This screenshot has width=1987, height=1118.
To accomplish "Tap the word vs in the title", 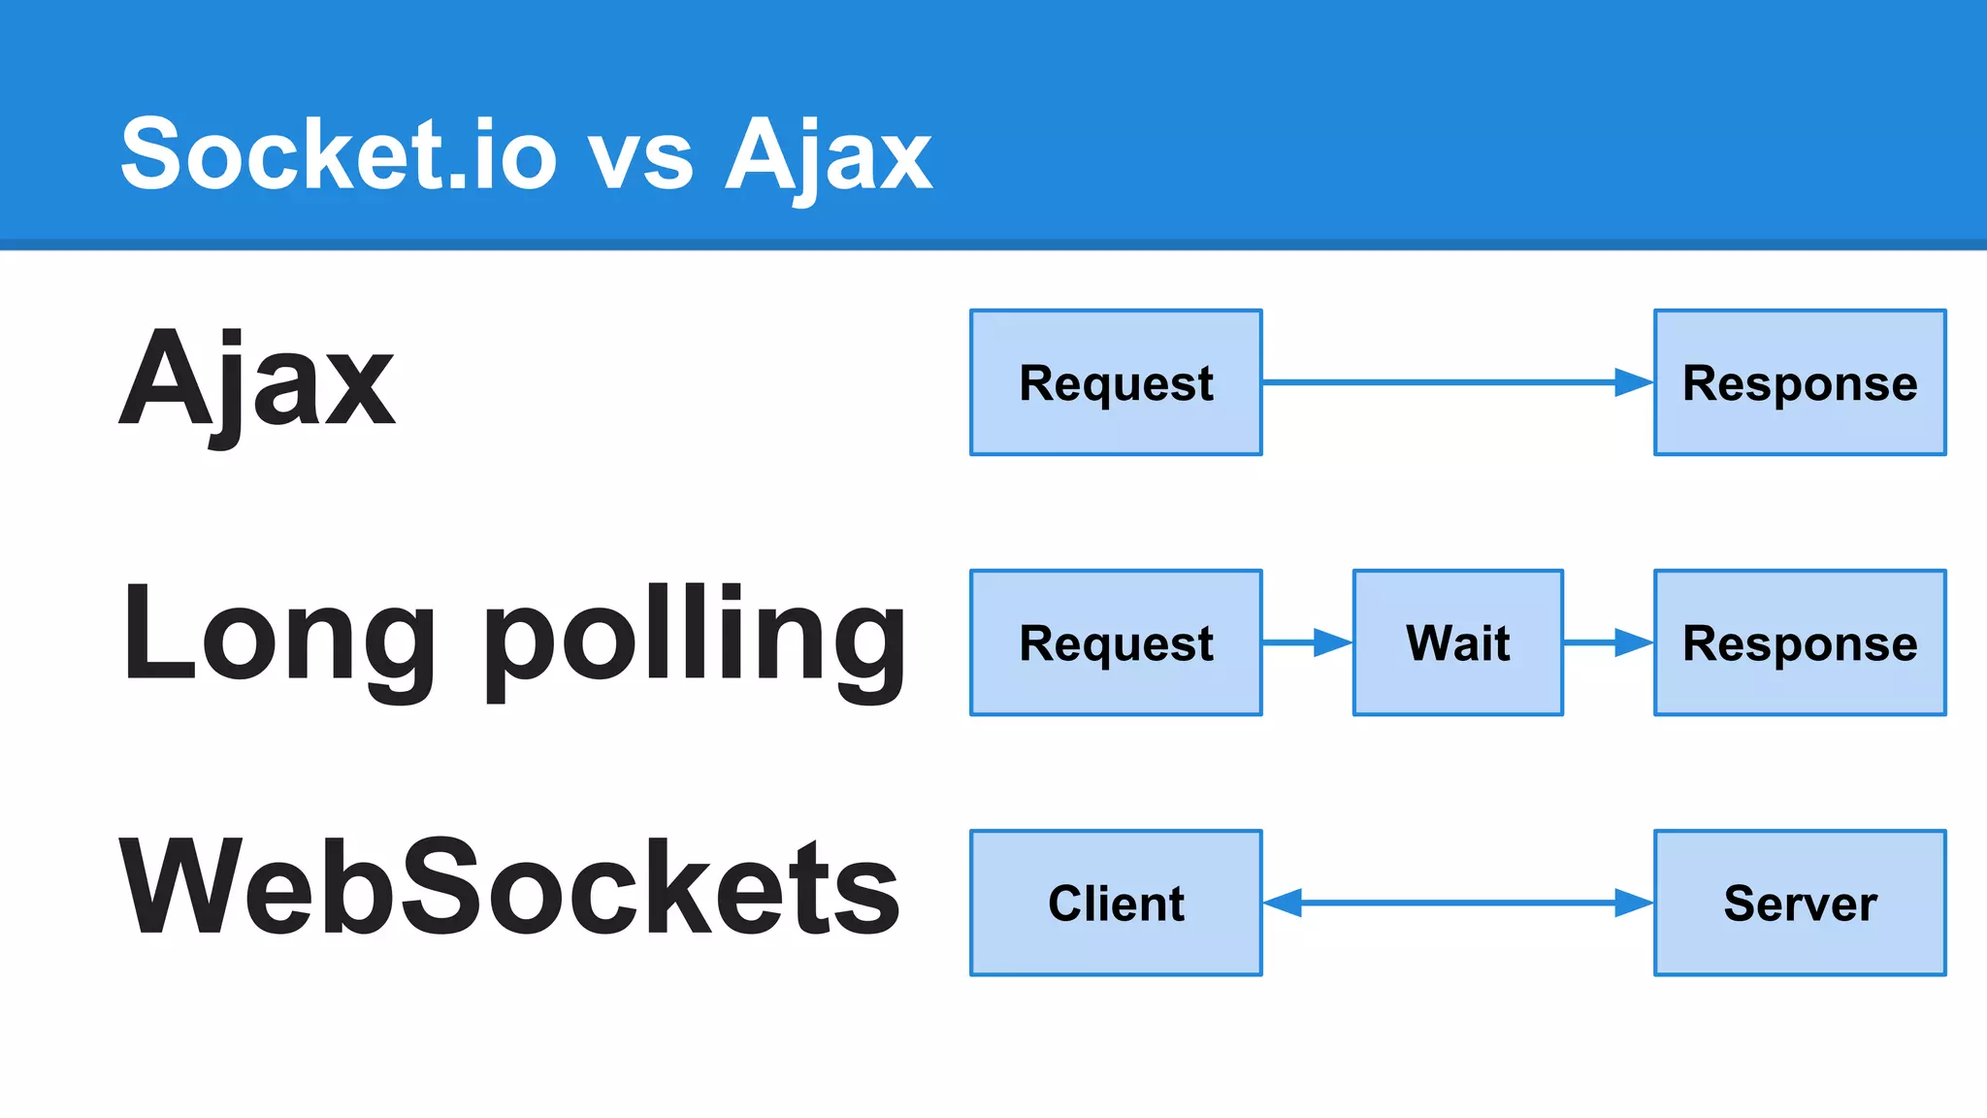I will (641, 157).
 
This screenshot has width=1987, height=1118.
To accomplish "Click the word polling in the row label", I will (695, 641).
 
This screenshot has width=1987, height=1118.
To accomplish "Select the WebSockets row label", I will (509, 888).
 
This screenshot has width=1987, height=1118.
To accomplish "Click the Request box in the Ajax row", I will (1116, 382).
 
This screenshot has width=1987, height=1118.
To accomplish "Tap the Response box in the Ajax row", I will (1800, 382).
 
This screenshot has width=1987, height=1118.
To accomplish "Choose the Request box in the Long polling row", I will (1116, 642).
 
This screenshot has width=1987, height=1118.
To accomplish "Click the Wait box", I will (1457, 642).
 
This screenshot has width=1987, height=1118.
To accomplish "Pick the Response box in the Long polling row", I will (1800, 642).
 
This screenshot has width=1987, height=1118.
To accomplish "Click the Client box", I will (1116, 903).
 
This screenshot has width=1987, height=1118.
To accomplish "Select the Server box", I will (1800, 903).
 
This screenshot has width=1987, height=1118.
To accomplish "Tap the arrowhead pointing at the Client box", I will (1283, 903).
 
